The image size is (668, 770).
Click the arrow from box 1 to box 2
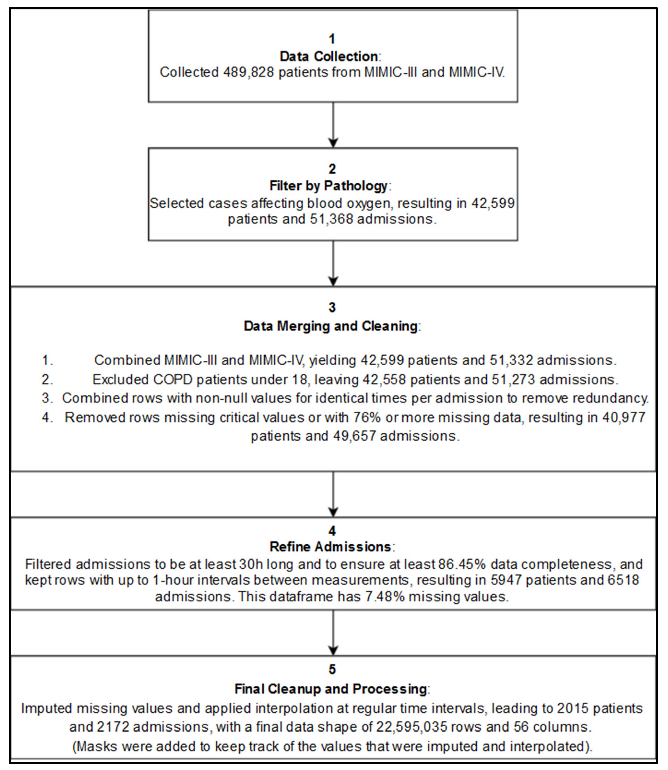point(333,125)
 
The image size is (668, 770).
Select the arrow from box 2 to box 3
point(333,263)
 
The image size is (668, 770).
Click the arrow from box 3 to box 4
point(333,494)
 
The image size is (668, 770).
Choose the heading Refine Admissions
point(330,547)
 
